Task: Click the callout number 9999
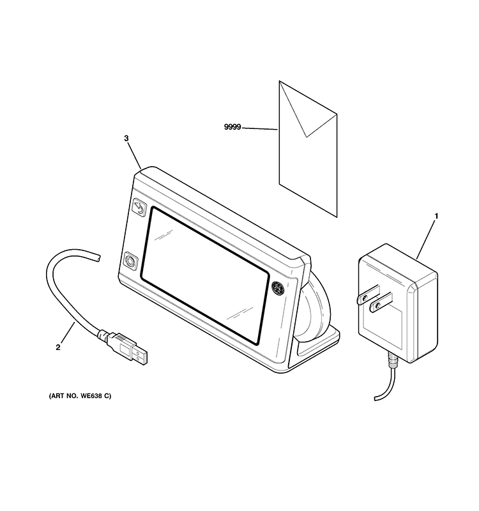tap(232, 126)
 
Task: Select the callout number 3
tap(126, 138)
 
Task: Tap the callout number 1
tap(436, 216)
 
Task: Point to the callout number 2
tap(58, 347)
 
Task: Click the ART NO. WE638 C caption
tap(80, 396)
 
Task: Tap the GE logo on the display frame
tap(278, 287)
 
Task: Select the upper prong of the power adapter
tap(369, 294)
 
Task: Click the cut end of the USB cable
tap(98, 257)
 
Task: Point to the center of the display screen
tap(205, 276)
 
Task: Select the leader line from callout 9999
tap(260, 129)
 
